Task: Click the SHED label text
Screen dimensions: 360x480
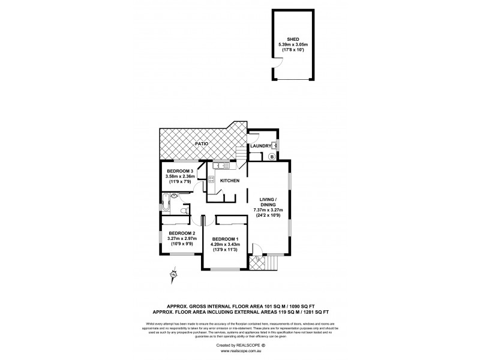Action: click(x=292, y=40)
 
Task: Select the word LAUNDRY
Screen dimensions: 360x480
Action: click(x=261, y=145)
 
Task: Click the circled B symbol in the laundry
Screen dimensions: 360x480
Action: click(x=271, y=157)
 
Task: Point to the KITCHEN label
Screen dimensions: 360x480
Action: click(x=230, y=181)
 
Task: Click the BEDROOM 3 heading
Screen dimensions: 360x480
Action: click(x=179, y=170)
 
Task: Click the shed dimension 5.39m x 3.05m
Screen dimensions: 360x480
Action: click(x=292, y=45)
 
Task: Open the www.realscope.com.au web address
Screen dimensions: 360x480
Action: click(x=239, y=351)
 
